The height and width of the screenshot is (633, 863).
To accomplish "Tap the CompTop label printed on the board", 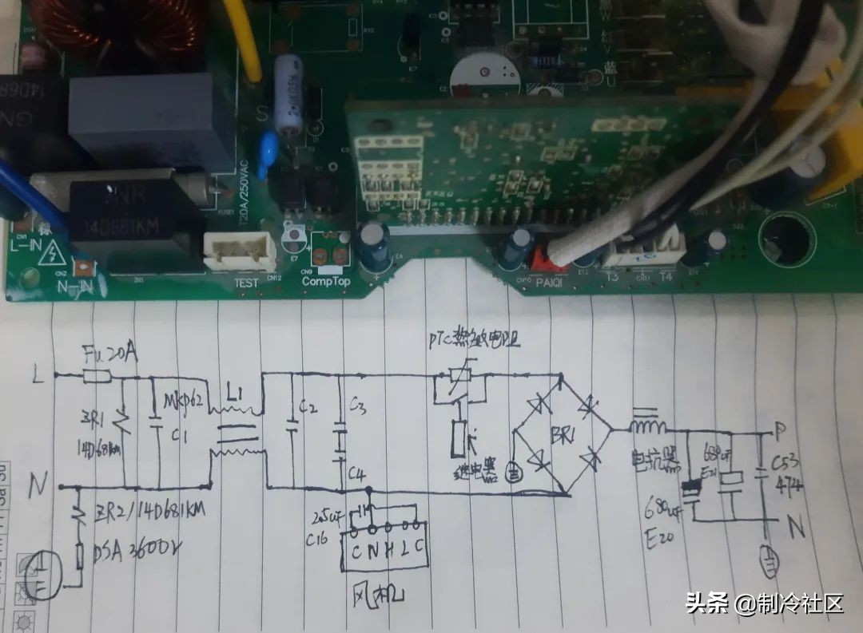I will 326,281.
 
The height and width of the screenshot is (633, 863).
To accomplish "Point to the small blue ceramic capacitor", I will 269,146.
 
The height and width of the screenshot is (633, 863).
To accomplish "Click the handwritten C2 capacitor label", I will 307,409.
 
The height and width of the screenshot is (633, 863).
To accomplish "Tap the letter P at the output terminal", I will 781,430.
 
